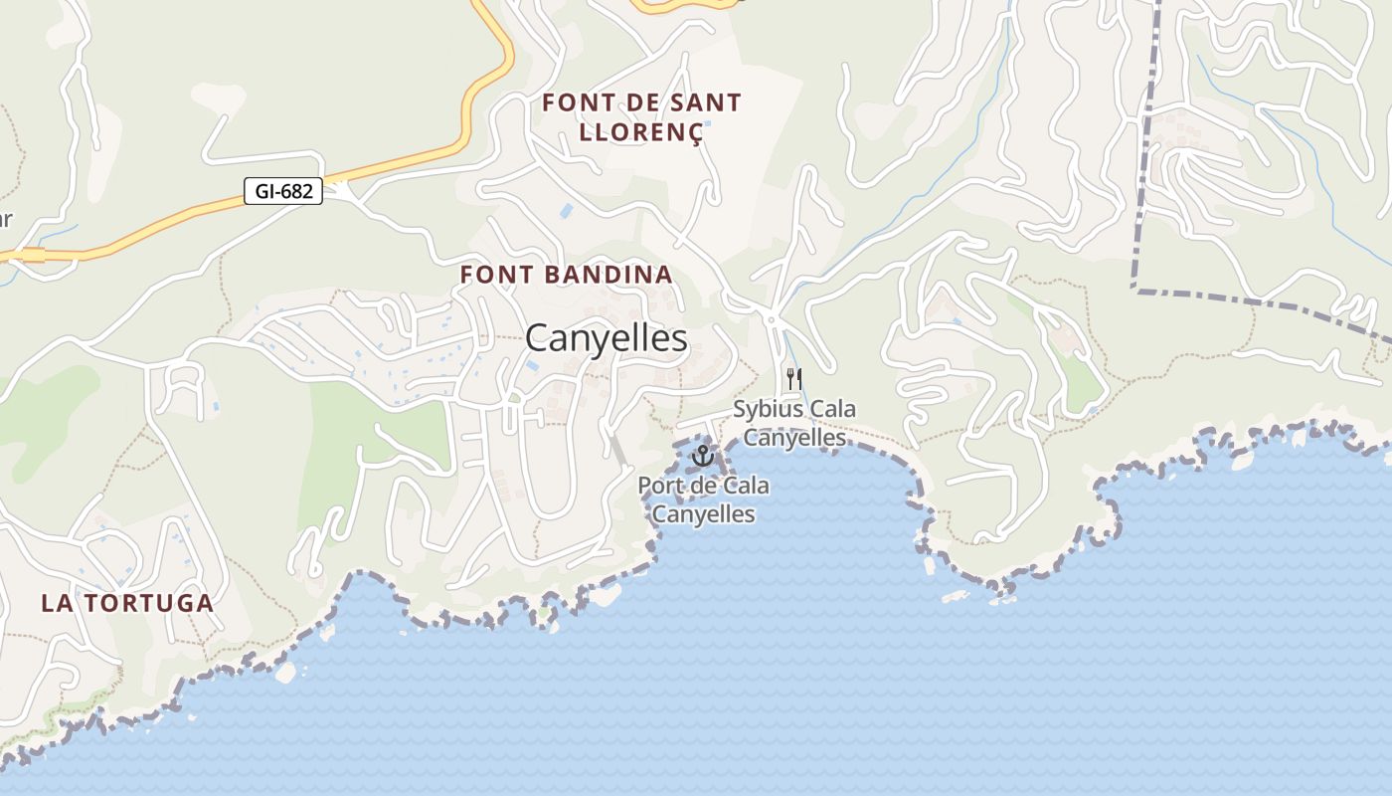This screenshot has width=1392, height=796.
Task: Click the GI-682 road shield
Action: pyautogui.click(x=283, y=191)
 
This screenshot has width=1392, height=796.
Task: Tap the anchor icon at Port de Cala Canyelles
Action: pyautogui.click(x=703, y=456)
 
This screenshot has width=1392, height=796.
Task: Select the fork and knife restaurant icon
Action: pyautogui.click(x=793, y=379)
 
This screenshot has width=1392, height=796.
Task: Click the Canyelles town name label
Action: pyautogui.click(x=606, y=338)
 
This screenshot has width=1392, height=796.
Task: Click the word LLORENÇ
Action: pyautogui.click(x=641, y=132)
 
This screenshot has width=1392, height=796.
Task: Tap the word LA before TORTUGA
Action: pyautogui.click(x=56, y=603)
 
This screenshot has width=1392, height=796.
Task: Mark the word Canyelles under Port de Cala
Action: pyautogui.click(x=703, y=514)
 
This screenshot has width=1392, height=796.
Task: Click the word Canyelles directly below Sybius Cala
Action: pyautogui.click(x=794, y=437)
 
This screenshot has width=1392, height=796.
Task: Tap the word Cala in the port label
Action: pyautogui.click(x=744, y=487)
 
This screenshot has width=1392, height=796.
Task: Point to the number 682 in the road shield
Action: pyautogui.click(x=297, y=191)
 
